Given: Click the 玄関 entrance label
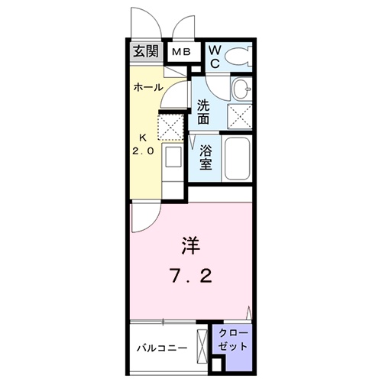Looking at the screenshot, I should (x=145, y=52).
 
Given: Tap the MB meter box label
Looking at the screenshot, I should (x=181, y=52).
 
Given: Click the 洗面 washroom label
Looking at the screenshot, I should (x=206, y=112).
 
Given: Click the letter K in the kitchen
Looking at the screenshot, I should (x=142, y=138).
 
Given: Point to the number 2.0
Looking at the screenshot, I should (x=144, y=151).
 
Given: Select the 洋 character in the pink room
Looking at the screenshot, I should (x=191, y=247).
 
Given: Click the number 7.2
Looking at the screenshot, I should (x=190, y=275).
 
